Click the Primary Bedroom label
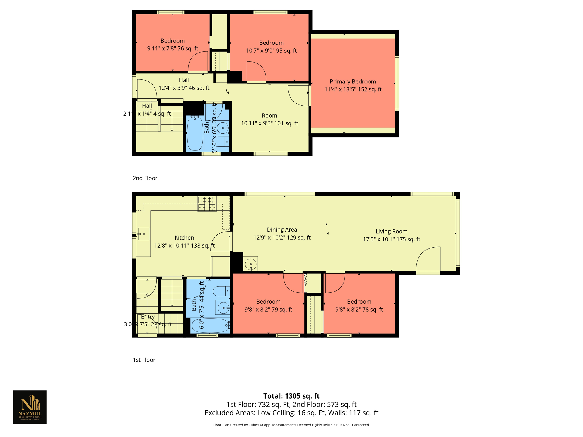(353, 82)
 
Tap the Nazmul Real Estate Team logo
(30, 407)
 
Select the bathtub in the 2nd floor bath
(195, 133)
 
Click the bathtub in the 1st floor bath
(210, 325)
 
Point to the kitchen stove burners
(207, 204)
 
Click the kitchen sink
(144, 234)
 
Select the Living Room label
(391, 231)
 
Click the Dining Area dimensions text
(282, 238)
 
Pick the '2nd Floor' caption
(145, 178)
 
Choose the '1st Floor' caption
(144, 360)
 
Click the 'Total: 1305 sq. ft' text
(291, 396)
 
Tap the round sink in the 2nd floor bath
(223, 128)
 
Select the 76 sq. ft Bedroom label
(173, 41)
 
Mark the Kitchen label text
(184, 238)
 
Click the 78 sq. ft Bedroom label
(359, 302)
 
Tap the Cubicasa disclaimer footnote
(291, 425)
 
